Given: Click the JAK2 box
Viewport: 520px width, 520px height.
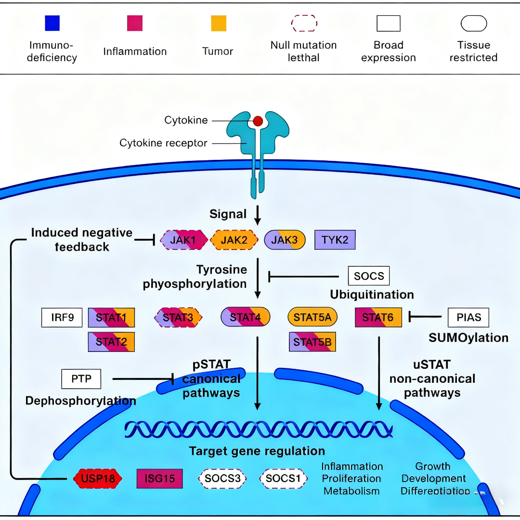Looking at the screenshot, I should coord(234,239).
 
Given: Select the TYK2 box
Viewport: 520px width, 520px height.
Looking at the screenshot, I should coord(335,239).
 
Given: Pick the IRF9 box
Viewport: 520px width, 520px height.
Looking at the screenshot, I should coord(62,318).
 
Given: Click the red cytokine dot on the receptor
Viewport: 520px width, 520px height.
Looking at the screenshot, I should coord(258,121).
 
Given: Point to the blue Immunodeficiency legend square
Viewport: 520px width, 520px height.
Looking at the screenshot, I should coord(52,23).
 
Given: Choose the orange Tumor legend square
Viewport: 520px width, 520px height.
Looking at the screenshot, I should coord(219,23).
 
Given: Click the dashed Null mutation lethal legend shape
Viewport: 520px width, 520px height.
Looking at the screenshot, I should coord(304,23).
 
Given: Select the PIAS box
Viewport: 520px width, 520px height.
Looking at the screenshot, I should coord(468,318).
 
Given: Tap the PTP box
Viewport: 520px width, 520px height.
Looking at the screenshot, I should coord(81,379).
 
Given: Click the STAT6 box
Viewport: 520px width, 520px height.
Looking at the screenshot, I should coord(378,318).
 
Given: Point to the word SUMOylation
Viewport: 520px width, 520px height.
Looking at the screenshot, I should coord(468,338).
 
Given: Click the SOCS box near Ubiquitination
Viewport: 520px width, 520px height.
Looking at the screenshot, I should coord(368,276).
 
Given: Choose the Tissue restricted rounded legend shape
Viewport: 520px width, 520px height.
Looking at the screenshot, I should coord(474,23).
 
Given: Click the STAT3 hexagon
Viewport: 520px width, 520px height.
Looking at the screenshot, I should coord(178,318).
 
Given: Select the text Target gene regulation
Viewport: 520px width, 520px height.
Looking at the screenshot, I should coord(257,451).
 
